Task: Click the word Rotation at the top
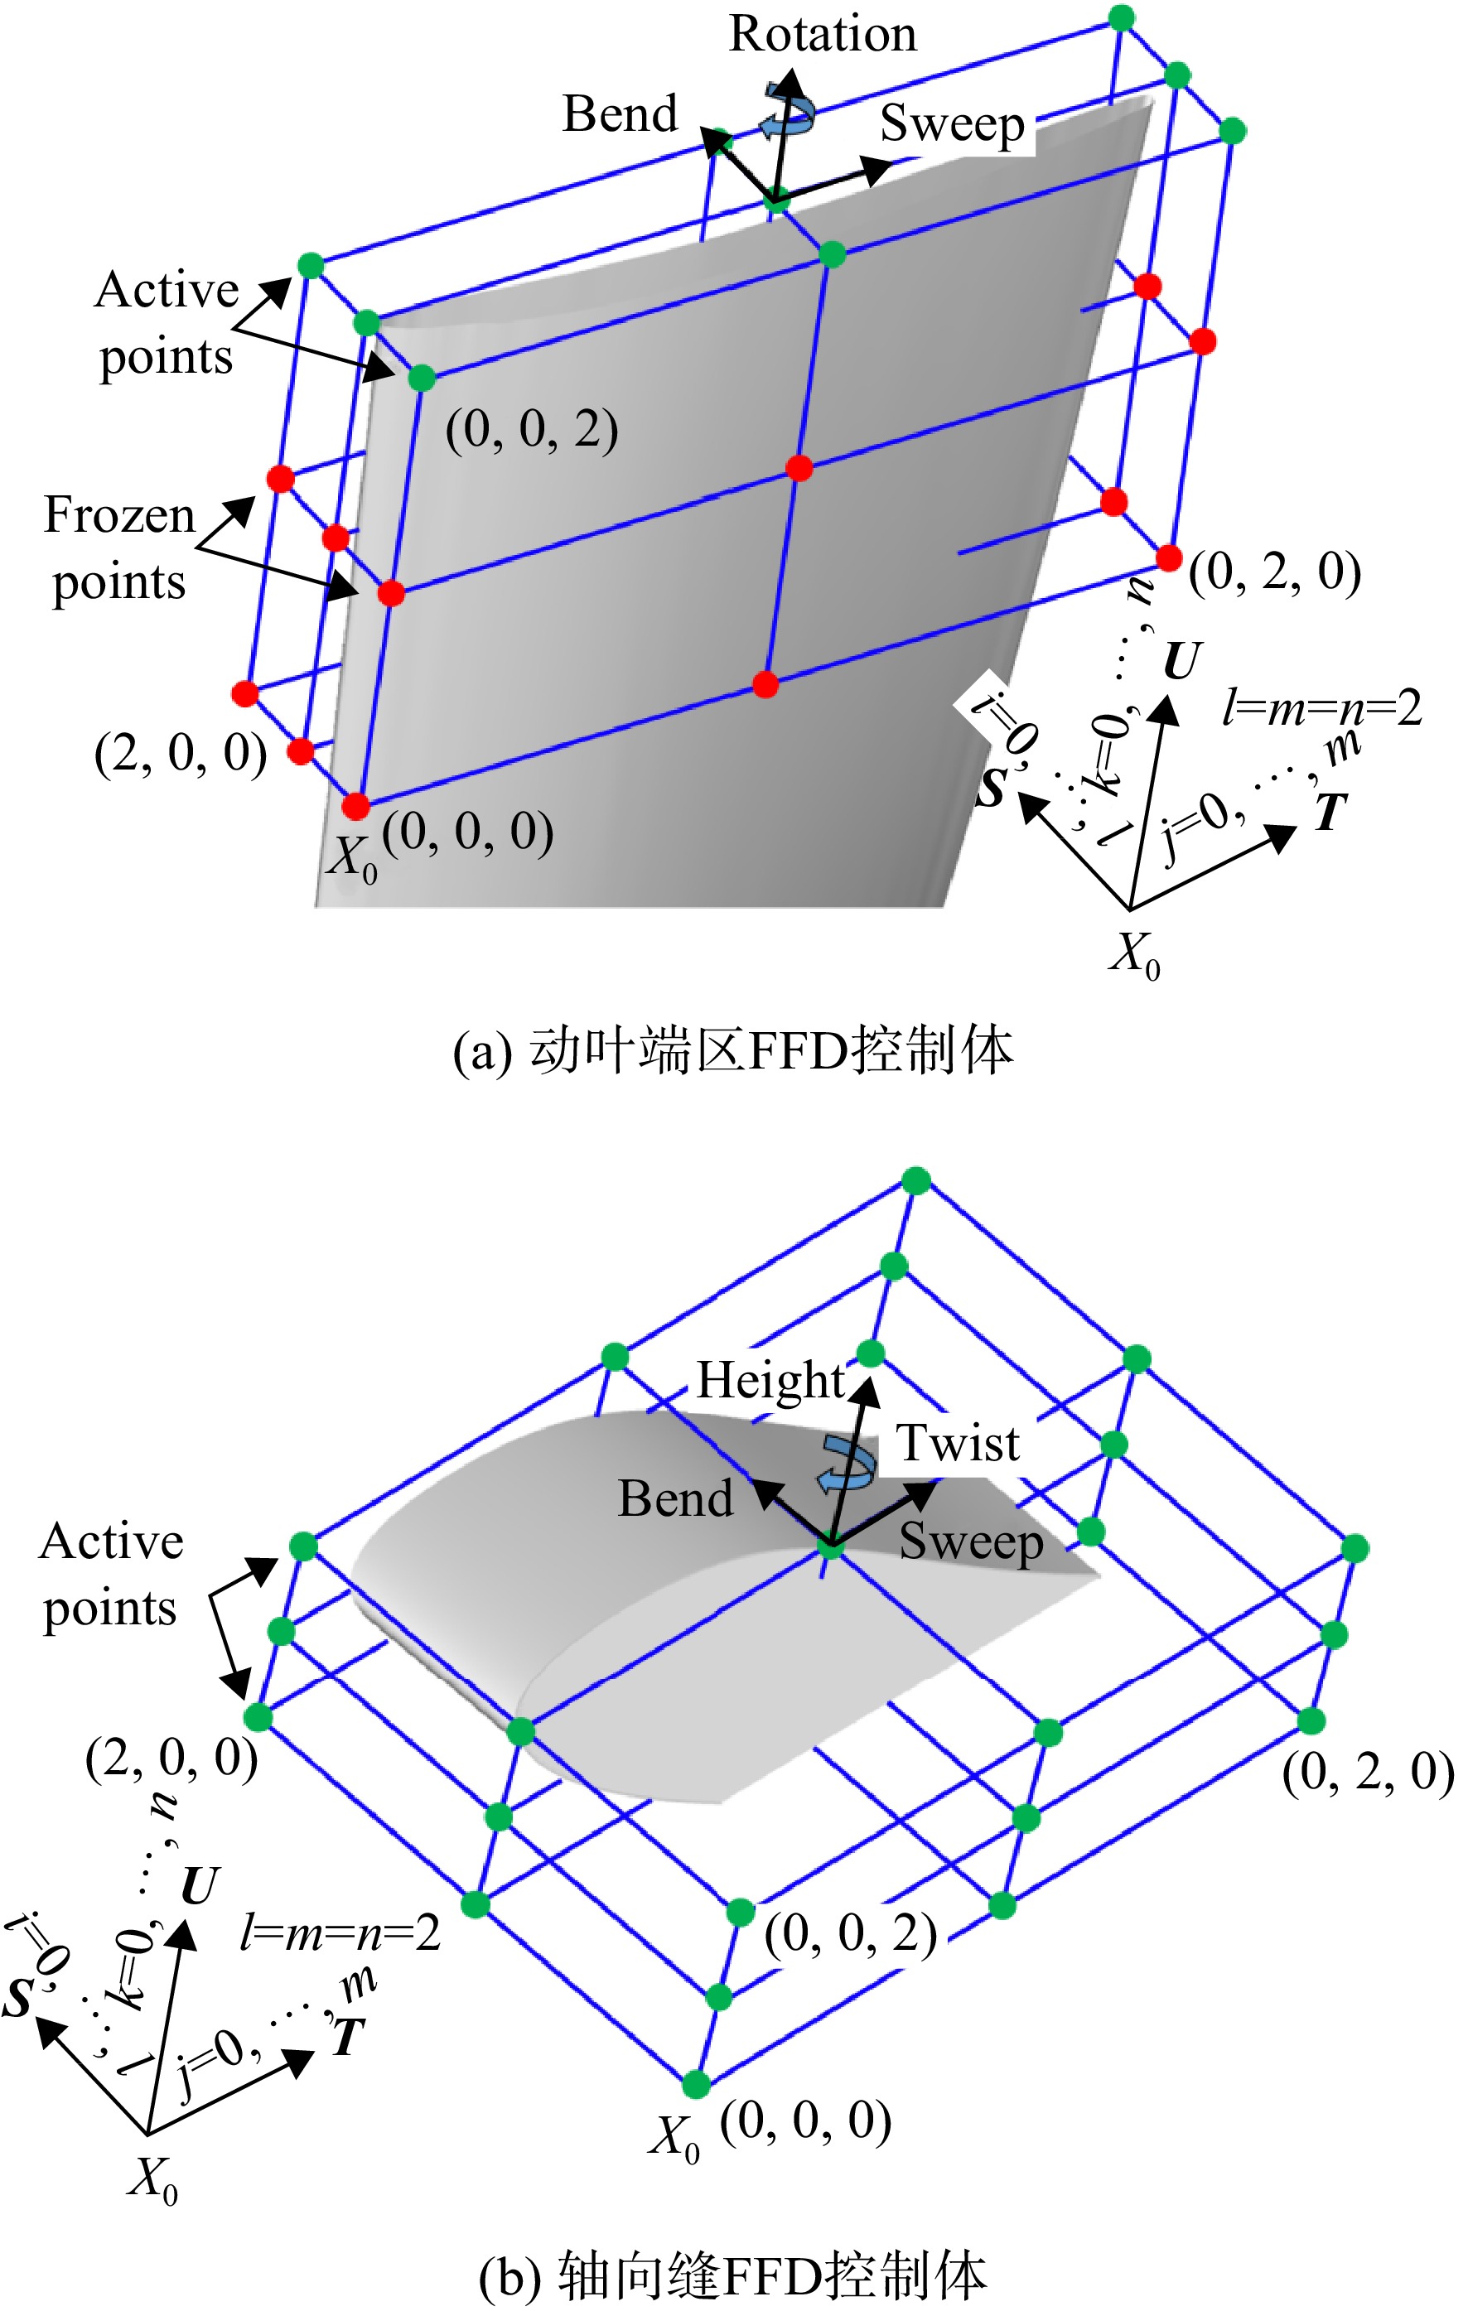823,35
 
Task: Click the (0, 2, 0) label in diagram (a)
1274,573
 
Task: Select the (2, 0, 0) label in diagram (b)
171,1759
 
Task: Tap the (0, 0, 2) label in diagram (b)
851,1934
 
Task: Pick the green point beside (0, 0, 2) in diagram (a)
422,379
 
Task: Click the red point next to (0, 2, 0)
1168,557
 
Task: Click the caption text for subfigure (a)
732,1051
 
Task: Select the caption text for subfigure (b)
732,2275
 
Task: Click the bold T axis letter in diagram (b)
349,2034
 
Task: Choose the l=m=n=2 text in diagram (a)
1322,708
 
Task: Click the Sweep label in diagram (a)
953,125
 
